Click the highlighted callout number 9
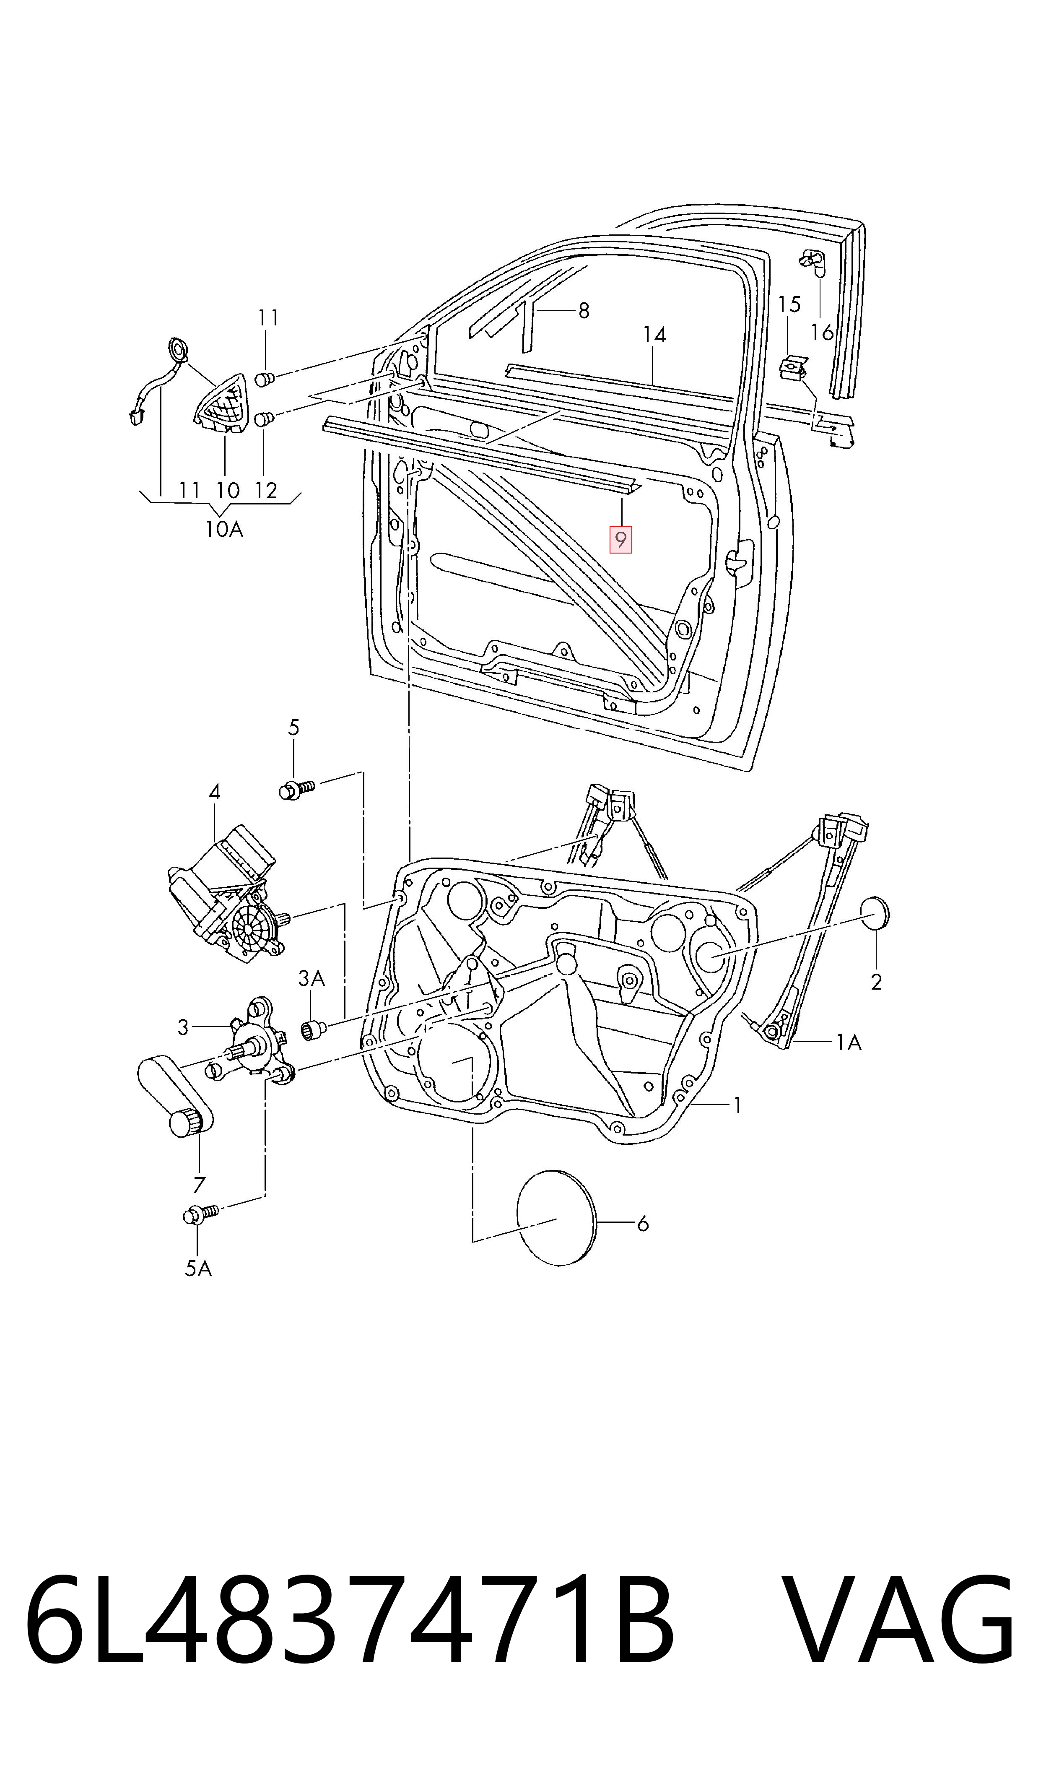[x=621, y=539]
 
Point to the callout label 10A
[x=224, y=529]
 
